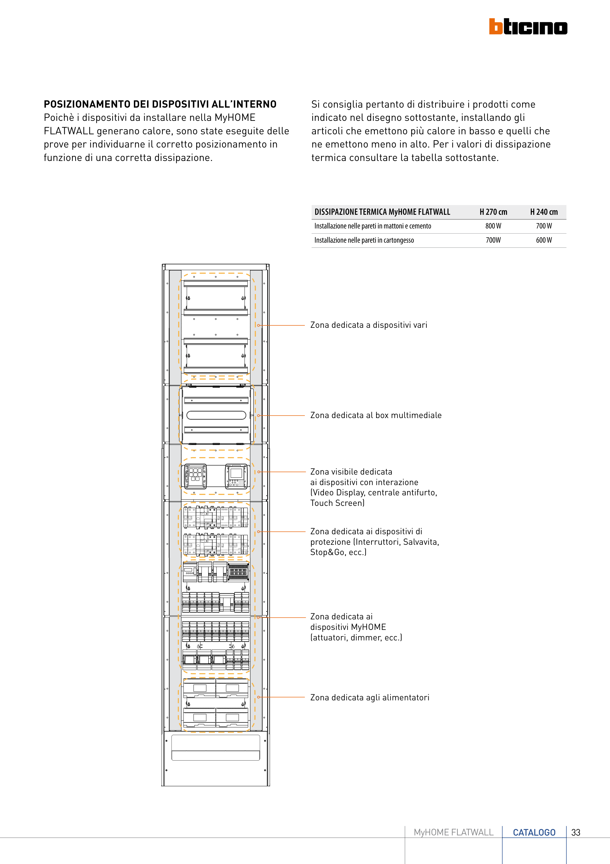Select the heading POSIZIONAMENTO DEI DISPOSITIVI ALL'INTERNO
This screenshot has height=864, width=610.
[x=160, y=104]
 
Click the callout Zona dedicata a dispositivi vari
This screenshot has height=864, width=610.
[x=369, y=325]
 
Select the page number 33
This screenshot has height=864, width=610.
[x=575, y=832]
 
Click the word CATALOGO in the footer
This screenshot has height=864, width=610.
[x=534, y=832]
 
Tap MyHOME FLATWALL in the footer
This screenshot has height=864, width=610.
[x=453, y=832]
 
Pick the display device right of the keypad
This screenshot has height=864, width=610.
[x=236, y=476]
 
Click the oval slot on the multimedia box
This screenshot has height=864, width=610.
[x=216, y=415]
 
